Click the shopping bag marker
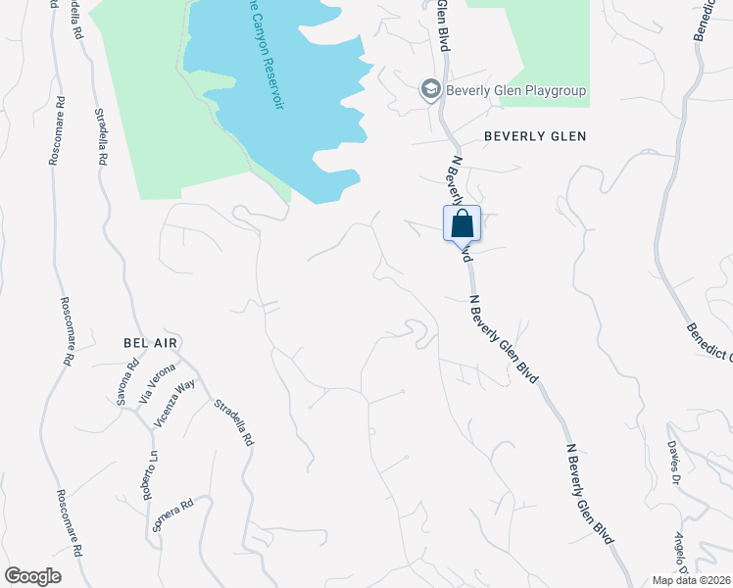coord(463,223)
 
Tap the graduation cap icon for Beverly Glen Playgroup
coord(429,91)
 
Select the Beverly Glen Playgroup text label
coord(515,91)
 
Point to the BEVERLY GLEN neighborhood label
coord(535,136)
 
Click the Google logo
coord(33,575)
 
